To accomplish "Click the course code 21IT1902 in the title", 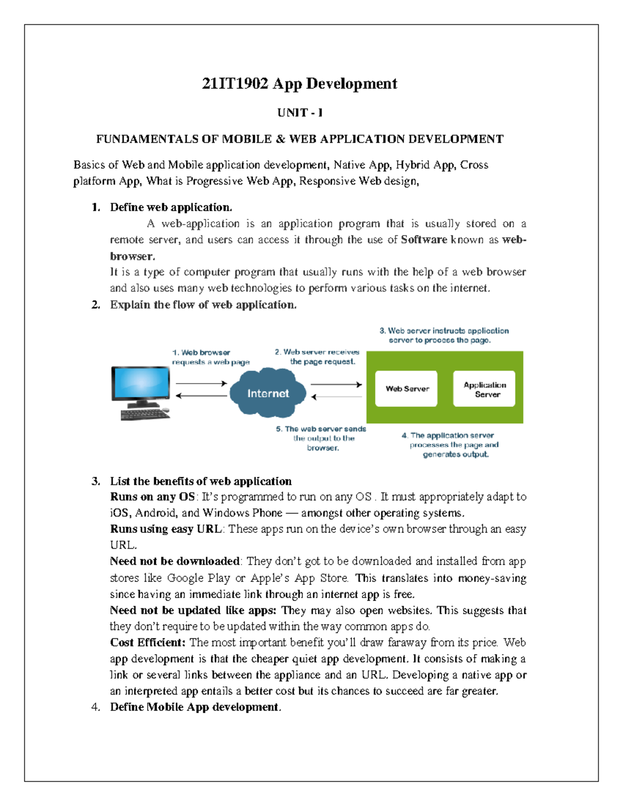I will click(x=235, y=84).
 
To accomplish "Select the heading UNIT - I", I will click(x=300, y=113).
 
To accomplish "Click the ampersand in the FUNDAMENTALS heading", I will click(x=280, y=139).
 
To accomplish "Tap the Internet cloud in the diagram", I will click(x=268, y=393).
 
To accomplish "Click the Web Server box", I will click(x=407, y=389).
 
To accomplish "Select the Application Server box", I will click(x=484, y=389).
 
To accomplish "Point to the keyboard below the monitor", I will click(x=145, y=414).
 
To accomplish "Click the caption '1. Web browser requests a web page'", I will click(x=210, y=357).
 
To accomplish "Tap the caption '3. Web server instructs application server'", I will click(x=443, y=335).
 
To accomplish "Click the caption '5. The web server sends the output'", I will click(x=321, y=438).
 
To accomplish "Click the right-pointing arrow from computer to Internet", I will click(x=201, y=384).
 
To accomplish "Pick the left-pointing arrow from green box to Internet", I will click(x=336, y=397).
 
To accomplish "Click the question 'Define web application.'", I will click(x=171, y=207).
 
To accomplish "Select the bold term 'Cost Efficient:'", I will click(x=147, y=643).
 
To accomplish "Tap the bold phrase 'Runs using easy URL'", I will click(x=166, y=529).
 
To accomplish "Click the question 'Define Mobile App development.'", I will click(x=195, y=707).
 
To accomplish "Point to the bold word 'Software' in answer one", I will click(x=424, y=240).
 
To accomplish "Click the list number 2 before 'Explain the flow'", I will click(x=96, y=305).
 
